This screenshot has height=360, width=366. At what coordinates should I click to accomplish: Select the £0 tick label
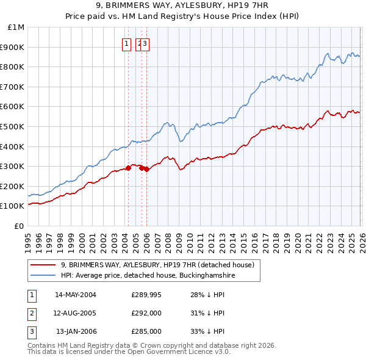point(20,226)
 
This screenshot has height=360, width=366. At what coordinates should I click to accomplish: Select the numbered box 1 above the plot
point(126,43)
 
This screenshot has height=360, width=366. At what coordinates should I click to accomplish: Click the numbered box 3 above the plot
point(146,43)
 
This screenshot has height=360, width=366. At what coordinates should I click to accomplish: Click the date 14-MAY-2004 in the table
point(76,295)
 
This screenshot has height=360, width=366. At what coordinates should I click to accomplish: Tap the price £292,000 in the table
point(146,313)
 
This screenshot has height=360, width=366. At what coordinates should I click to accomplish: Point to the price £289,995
point(146,295)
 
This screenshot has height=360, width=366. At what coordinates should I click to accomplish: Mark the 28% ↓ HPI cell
point(207,295)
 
